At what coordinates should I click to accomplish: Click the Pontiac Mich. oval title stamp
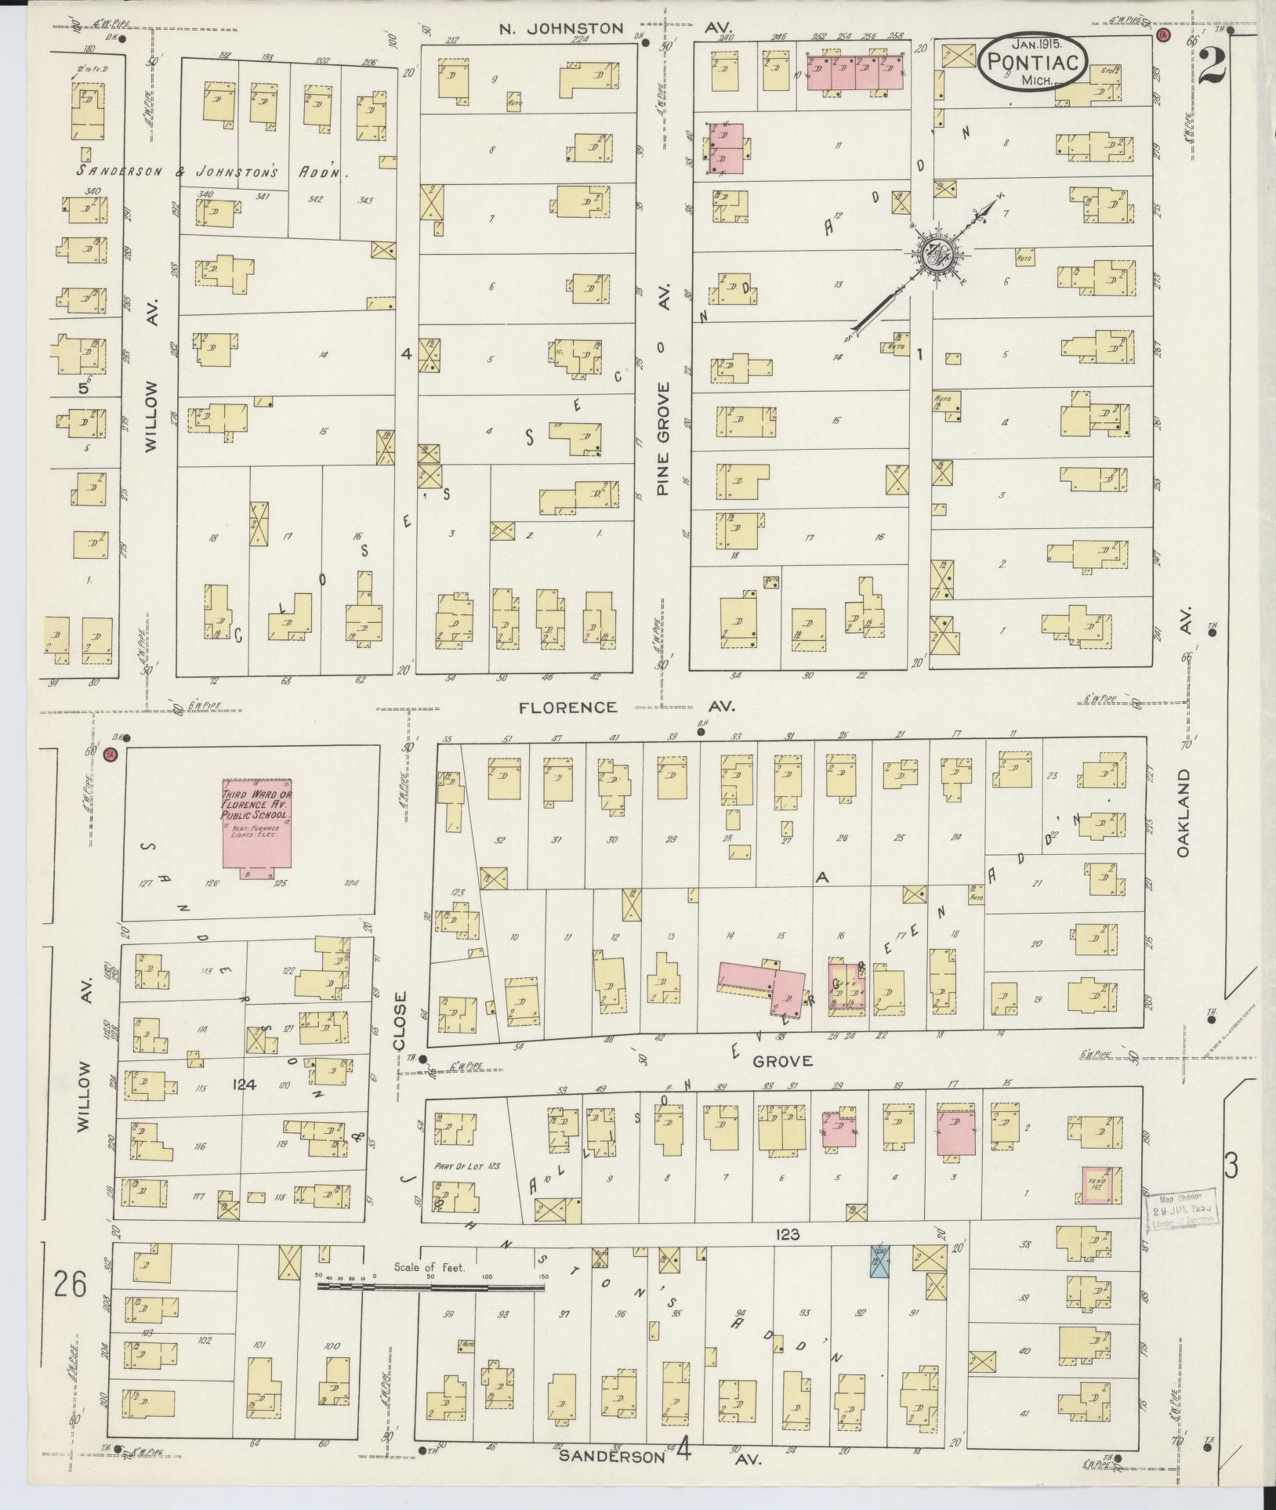1031,61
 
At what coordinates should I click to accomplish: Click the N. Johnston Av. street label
562,29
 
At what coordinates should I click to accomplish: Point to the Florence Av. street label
567,707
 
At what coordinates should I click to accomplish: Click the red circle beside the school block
110,755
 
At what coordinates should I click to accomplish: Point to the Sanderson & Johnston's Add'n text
212,171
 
